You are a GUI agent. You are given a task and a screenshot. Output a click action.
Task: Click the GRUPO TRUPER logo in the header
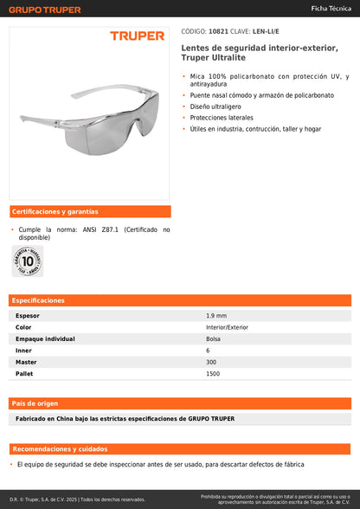coord(44,9)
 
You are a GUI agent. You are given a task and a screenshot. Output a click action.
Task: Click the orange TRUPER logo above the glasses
coord(137,35)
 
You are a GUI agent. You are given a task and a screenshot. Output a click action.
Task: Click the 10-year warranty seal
coord(28,261)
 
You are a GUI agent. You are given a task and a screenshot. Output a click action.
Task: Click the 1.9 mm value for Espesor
coord(216,316)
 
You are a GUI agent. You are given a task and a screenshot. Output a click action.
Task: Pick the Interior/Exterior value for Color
coord(227,327)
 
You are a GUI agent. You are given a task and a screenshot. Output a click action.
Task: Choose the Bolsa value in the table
coord(214,338)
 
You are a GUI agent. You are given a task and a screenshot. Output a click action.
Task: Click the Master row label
coord(27,362)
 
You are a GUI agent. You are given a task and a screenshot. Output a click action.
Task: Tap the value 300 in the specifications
coord(212,362)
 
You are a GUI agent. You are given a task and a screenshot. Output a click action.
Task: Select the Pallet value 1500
coord(213,373)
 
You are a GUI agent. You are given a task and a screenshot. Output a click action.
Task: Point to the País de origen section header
coord(35,403)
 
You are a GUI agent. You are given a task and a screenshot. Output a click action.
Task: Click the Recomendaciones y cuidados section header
coord(60,449)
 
